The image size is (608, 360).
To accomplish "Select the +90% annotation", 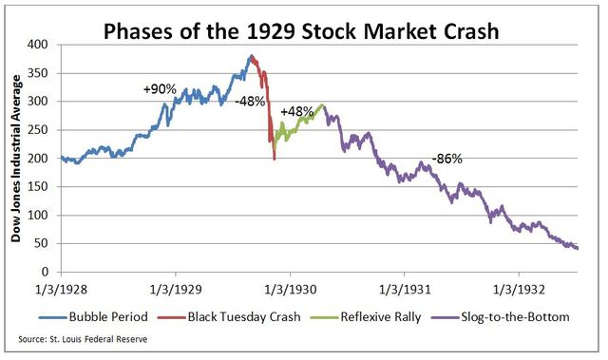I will tap(160, 88).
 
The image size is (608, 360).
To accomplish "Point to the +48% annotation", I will tap(296, 111).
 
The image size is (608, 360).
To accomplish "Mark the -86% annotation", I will tap(446, 159).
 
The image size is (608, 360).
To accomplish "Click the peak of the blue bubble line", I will tap(251, 56).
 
